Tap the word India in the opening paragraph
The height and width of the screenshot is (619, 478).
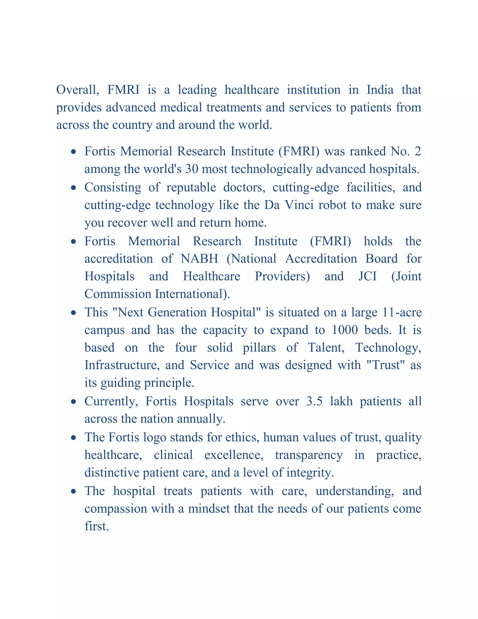pos(380,90)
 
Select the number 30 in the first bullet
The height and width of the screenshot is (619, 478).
pos(191,169)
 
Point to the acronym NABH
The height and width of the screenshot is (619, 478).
pos(199,259)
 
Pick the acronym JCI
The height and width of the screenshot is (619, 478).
pos(367,276)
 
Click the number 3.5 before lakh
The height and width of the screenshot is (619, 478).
pos(314,402)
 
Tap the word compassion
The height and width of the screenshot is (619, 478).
pos(116,509)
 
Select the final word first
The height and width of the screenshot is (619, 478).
pos(96,526)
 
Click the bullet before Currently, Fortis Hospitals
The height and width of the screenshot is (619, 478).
pos(74,402)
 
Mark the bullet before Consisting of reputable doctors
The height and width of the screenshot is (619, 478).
pos(74,188)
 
